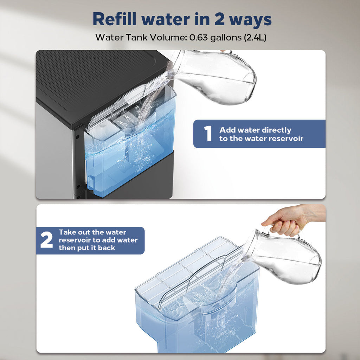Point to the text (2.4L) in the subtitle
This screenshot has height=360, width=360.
[255, 37]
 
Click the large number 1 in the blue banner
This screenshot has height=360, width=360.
[208, 134]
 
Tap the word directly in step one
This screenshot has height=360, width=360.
[274, 130]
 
